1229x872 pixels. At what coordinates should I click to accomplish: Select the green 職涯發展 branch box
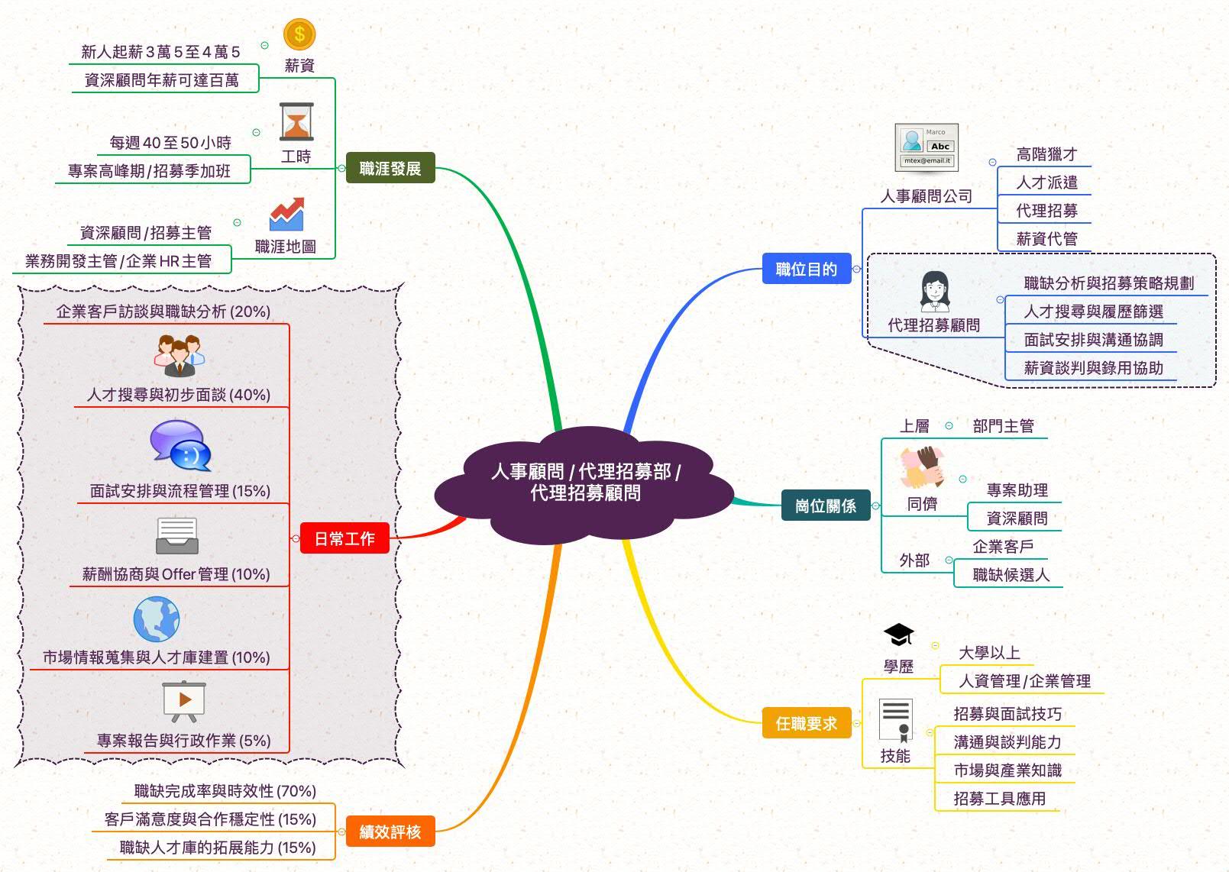tap(390, 168)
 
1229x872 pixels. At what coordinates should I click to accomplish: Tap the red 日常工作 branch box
tap(344, 538)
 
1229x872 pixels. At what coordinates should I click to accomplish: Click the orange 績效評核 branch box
tap(390, 832)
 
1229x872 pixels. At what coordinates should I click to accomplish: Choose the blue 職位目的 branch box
tap(806, 269)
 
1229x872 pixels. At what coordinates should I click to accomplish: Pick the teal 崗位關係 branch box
tap(825, 505)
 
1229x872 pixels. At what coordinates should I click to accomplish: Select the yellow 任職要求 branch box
tap(806, 723)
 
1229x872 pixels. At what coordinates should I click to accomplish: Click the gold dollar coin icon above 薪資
tap(299, 34)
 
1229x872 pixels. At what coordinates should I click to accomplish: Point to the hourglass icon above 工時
tap(296, 122)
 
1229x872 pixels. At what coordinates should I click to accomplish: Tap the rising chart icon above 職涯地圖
tap(286, 215)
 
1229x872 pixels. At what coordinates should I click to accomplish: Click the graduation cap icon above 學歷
tap(898, 635)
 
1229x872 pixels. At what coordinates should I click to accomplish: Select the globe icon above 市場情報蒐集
tap(156, 619)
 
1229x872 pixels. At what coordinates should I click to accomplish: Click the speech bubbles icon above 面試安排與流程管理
tap(180, 445)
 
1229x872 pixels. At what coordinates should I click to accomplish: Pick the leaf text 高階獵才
tap(1046, 154)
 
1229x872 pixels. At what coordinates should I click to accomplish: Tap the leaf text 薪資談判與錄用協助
tap(1093, 368)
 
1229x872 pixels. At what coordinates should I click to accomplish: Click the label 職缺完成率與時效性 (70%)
tap(225, 791)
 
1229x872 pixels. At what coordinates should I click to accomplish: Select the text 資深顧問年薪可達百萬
tap(161, 80)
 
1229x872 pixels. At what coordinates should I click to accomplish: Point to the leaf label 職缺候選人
tap(1011, 575)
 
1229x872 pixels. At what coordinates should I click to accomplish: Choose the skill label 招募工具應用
tap(999, 799)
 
